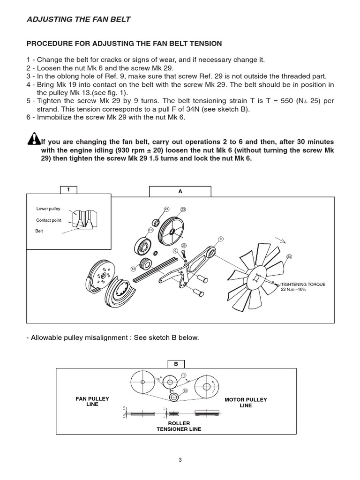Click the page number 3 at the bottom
[180, 460]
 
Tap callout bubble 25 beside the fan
[289, 256]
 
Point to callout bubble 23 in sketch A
[183, 209]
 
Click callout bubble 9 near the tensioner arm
[220, 239]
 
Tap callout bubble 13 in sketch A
[133, 269]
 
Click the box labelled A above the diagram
[180, 191]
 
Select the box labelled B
[176, 364]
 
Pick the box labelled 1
[68, 189]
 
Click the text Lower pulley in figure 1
[48, 209]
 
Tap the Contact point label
[49, 220]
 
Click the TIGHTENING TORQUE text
[303, 285]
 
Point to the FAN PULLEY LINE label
[92, 402]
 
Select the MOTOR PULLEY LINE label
[246, 403]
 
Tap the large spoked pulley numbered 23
[172, 231]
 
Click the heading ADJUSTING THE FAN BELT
[79, 19]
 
